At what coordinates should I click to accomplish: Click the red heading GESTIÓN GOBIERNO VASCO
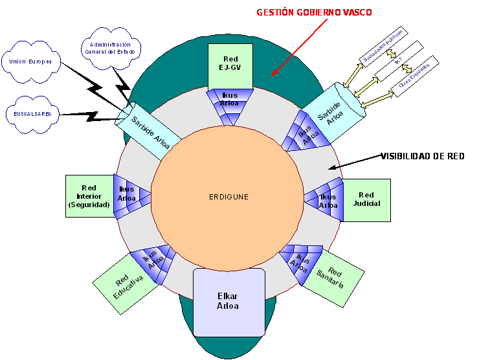coord(315,13)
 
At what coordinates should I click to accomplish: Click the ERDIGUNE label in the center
coord(228,197)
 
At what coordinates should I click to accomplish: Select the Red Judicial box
coord(366,199)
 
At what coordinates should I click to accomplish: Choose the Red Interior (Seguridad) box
coord(89,196)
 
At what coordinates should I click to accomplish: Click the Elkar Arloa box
coord(230,302)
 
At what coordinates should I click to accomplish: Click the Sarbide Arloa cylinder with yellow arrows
coord(329,112)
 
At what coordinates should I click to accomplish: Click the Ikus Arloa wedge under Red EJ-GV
coord(229,103)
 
